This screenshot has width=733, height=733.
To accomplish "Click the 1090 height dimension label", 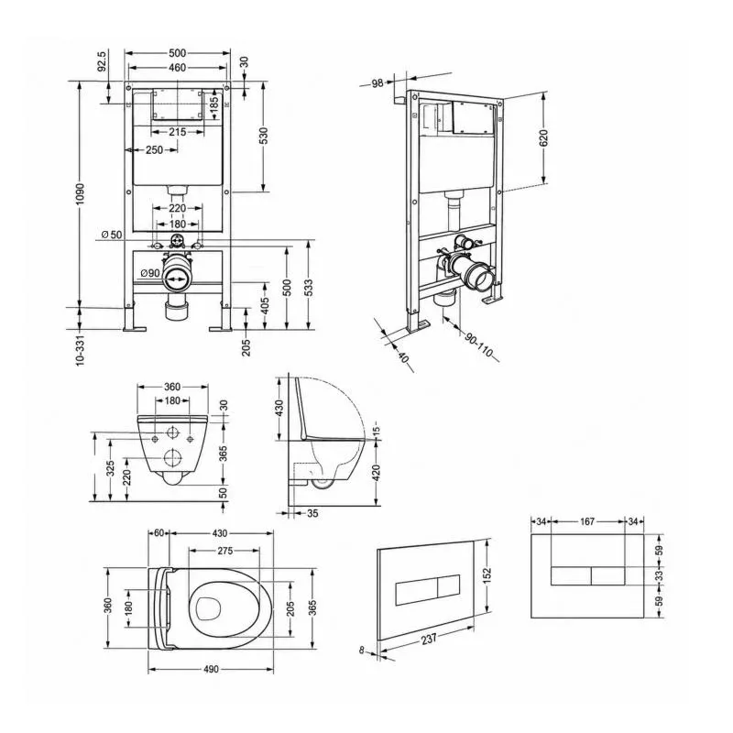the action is pyautogui.click(x=80, y=194).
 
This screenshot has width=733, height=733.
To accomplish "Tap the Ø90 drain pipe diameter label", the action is pyautogui.click(x=150, y=273).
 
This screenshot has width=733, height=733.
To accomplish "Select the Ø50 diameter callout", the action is pyautogui.click(x=112, y=235).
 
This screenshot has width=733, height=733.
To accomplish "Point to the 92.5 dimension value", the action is pyautogui.click(x=103, y=61).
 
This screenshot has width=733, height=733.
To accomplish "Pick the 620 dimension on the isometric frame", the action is pyautogui.click(x=543, y=138).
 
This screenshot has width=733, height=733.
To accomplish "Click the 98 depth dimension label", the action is pyautogui.click(x=377, y=83).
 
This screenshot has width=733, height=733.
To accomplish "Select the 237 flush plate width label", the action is pyautogui.click(x=428, y=639).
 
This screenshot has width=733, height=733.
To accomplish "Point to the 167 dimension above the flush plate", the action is pyautogui.click(x=587, y=521).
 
